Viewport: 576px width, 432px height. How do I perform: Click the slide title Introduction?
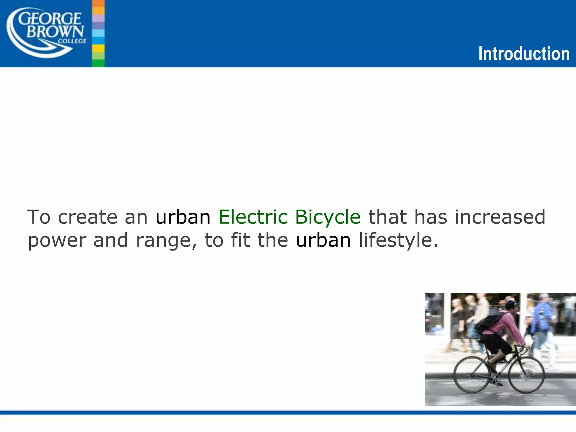click(x=524, y=54)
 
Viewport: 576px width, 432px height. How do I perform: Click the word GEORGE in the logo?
click(x=50, y=19)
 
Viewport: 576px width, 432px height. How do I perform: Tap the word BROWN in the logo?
click(x=55, y=32)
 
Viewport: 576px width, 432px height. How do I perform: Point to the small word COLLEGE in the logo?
click(x=72, y=41)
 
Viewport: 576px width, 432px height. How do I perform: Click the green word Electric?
click(x=253, y=217)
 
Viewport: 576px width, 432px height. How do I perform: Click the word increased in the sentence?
click(x=500, y=217)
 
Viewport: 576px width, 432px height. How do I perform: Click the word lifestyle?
click(x=398, y=241)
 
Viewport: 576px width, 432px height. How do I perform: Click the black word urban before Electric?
click(x=183, y=217)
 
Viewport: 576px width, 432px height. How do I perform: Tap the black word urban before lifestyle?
click(x=323, y=240)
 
